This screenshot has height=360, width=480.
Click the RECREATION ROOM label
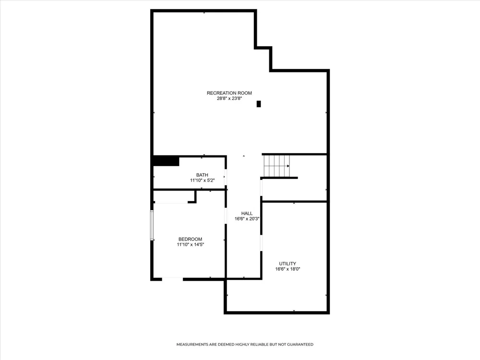tap(229, 93)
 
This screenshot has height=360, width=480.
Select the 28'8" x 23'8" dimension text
tap(229, 98)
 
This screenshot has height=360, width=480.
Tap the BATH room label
tap(202, 175)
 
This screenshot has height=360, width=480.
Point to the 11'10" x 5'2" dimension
tap(203, 180)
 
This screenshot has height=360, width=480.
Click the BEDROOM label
tap(191, 240)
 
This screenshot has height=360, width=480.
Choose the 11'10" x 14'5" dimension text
tap(191, 245)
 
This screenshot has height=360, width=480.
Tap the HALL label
tap(247, 214)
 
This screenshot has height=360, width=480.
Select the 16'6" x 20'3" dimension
tap(247, 219)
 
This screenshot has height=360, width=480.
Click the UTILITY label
tap(288, 264)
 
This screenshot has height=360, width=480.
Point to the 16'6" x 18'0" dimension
tap(288, 269)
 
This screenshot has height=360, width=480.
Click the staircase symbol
tap(277, 166)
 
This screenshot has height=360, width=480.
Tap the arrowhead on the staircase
tap(288, 166)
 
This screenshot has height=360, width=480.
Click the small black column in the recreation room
tap(259, 104)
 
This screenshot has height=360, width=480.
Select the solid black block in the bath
tap(166, 161)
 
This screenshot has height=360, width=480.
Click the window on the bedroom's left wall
tap(152, 225)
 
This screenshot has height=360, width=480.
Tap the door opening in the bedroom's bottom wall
tap(172, 279)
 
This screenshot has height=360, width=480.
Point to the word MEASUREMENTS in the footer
tap(192, 344)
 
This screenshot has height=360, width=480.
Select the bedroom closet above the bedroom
tap(174, 196)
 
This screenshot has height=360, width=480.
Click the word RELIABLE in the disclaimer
tap(259, 344)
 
